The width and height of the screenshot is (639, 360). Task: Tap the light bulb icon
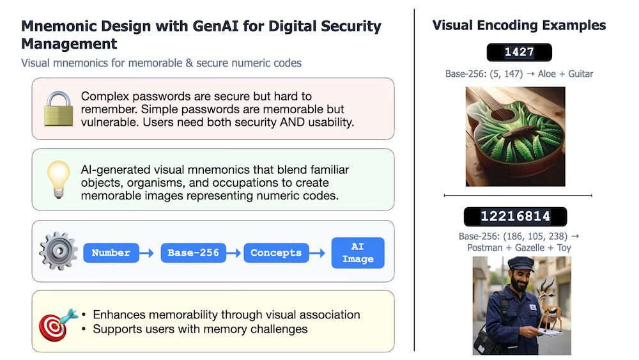click(59, 180)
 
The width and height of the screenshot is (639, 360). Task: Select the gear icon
click(58, 251)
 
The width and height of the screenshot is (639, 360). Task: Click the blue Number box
click(111, 253)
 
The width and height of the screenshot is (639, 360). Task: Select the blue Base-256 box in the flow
click(193, 253)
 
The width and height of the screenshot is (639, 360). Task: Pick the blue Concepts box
click(275, 253)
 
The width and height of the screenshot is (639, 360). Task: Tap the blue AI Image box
click(358, 253)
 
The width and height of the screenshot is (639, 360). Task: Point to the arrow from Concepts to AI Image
click(317, 253)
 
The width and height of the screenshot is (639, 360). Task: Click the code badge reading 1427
click(518, 52)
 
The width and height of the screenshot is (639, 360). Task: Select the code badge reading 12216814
click(515, 216)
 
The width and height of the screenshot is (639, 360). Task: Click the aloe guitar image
click(515, 137)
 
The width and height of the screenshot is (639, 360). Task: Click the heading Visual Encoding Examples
click(519, 26)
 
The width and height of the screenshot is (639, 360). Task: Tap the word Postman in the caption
click(486, 247)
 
